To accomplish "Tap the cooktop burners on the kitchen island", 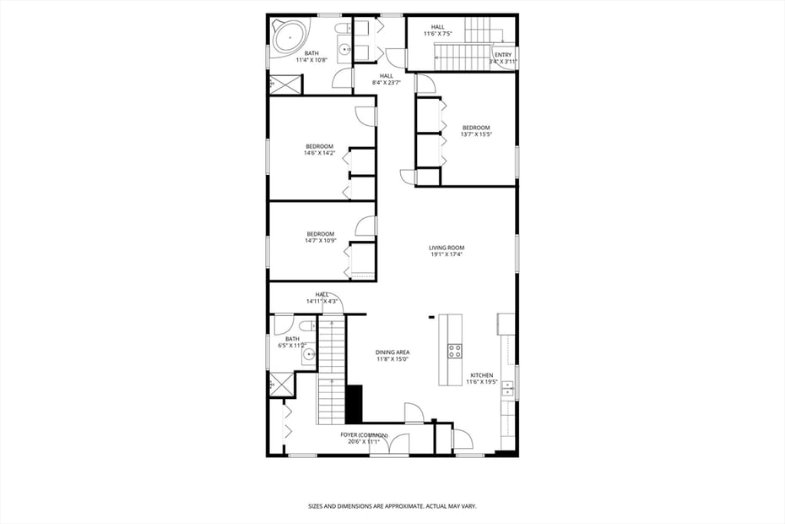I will tap(454, 351).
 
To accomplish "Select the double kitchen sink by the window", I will tap(507, 388).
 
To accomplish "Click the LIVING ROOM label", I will tap(446, 248).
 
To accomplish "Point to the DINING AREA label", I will tap(392, 352).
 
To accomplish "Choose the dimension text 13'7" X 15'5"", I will tap(475, 134).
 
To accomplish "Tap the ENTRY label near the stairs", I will tap(503, 55).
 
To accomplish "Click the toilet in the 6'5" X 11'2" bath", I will tap(306, 326).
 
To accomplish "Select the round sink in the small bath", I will tap(309, 355).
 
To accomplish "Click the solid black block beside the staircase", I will tap(354, 404).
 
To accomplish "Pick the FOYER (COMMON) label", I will tap(364, 435).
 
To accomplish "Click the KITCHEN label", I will tap(481, 375).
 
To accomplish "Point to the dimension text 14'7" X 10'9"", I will tap(320, 241).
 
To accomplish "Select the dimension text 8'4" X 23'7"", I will tap(386, 83).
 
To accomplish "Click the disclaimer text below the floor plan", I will tap(392, 506).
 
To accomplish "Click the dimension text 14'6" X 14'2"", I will tap(320, 153).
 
